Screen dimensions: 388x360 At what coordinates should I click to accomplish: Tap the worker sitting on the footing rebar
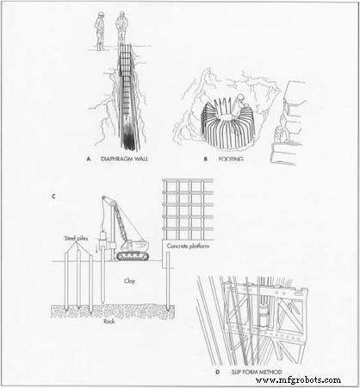(x=228, y=108)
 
